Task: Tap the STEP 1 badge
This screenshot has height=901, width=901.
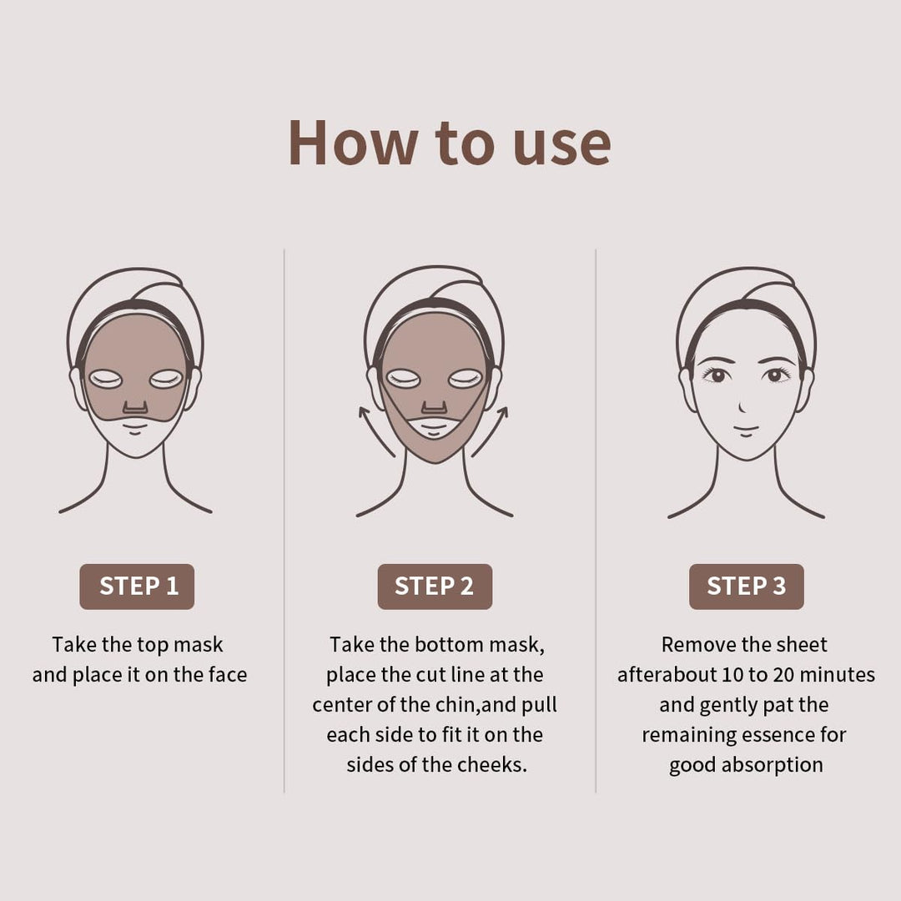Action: click(138, 586)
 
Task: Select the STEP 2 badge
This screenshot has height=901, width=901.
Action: click(434, 586)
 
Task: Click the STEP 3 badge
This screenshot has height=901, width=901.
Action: click(746, 586)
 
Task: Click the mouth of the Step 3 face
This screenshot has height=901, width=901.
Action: click(746, 431)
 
